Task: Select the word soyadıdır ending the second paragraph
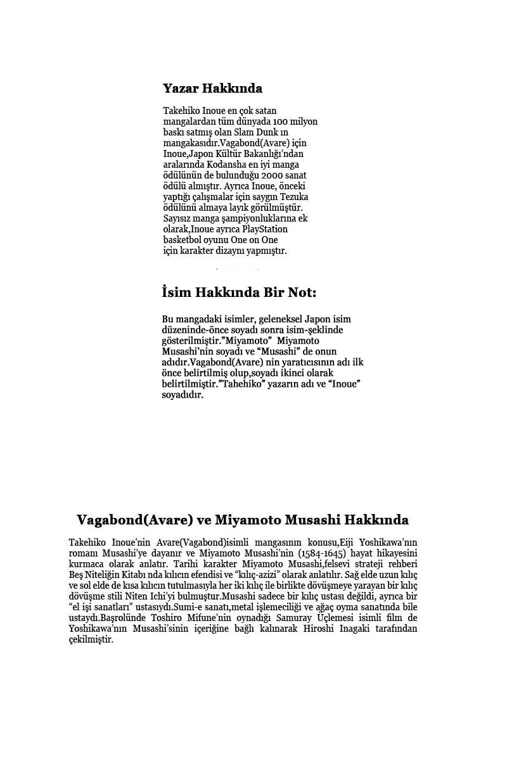pos(183,395)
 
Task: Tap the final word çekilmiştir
pos(91,639)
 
